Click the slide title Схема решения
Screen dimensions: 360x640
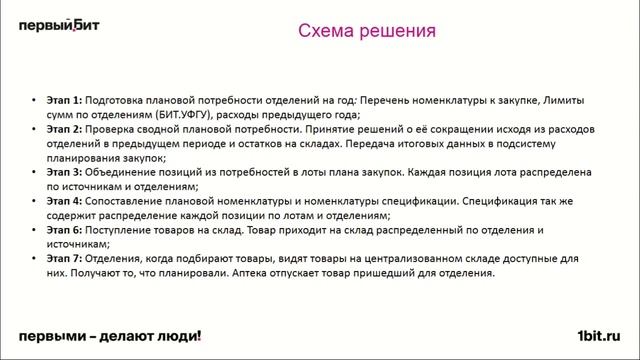(x=367, y=31)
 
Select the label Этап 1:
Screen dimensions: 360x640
(x=64, y=102)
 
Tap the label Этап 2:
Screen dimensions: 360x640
(x=64, y=130)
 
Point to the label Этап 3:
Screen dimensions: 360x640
(x=64, y=172)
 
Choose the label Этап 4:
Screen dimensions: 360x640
(x=64, y=201)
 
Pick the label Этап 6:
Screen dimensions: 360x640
(x=64, y=229)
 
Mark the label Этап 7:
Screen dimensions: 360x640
(x=64, y=257)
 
